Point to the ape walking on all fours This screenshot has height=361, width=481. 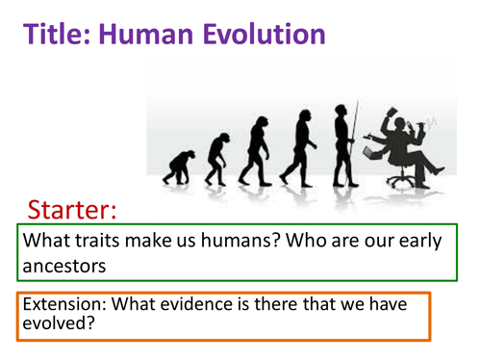tap(178, 169)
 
